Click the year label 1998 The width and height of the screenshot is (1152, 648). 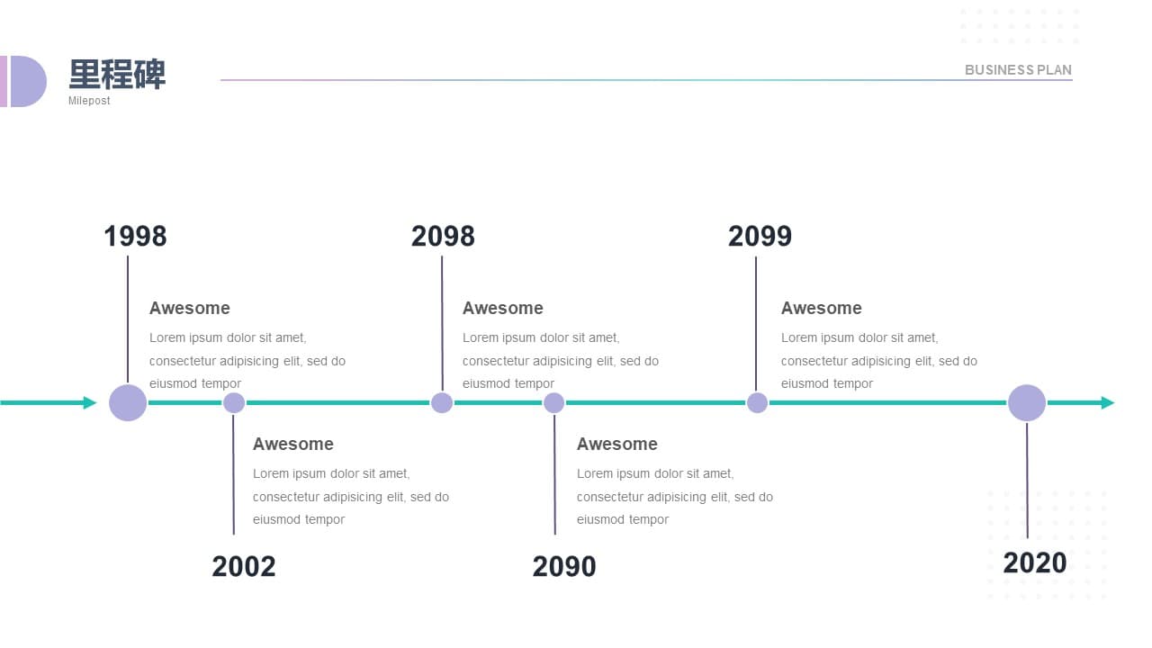click(x=135, y=237)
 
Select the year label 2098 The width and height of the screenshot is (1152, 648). click(x=443, y=237)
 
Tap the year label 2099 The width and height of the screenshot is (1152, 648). click(x=760, y=237)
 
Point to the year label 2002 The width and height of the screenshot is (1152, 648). click(x=244, y=567)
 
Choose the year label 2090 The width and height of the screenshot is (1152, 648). click(x=564, y=567)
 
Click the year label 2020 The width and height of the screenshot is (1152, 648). click(x=1035, y=563)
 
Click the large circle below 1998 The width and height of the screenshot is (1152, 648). click(x=128, y=402)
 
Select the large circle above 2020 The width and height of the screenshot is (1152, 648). click(x=1027, y=402)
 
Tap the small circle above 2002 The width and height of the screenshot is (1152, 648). click(x=234, y=402)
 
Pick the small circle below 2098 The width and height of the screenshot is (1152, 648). click(x=442, y=402)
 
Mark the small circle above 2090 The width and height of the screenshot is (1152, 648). click(x=553, y=402)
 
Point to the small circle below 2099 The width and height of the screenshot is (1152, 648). click(x=757, y=402)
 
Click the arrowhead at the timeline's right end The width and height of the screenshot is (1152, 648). click(x=1108, y=402)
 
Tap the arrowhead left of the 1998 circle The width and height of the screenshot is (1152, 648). click(x=90, y=402)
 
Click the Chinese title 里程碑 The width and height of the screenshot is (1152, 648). click(x=117, y=75)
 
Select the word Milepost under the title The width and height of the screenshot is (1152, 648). click(x=89, y=101)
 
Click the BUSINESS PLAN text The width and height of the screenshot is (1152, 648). click(x=1018, y=70)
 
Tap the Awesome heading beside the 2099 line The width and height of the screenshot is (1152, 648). click(x=822, y=308)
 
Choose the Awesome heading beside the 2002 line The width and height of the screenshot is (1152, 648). click(x=293, y=444)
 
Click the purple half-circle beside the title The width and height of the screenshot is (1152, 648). click(x=27, y=81)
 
